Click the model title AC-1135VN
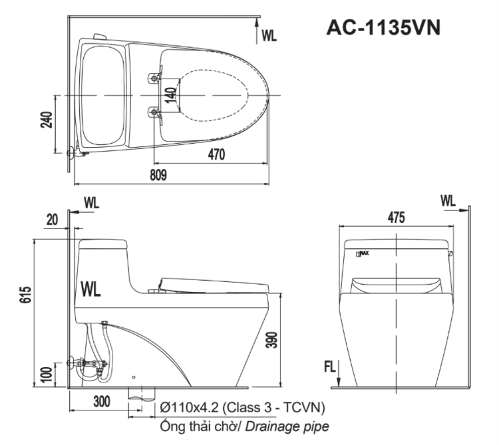coord(383,27)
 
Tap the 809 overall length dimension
coord(158,175)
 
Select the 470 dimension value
coord(216,154)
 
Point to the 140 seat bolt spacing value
coord(171,95)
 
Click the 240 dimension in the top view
coord(47,120)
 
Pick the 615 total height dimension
coord(26,295)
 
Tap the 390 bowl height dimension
coord(271,340)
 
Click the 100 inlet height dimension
coord(47,374)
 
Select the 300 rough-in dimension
coord(102,401)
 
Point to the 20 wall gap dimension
coord(53,220)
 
